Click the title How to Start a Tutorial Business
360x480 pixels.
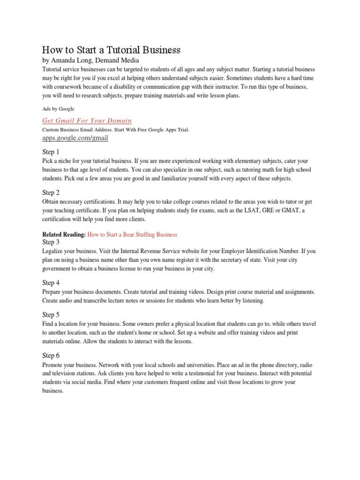[111, 50]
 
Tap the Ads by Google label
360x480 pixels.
[58, 108]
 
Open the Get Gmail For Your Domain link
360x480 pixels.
[87, 120]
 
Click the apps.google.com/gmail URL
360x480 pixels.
[75, 138]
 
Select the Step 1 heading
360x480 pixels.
[51, 152]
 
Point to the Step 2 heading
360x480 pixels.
[51, 193]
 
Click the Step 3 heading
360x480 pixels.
[51, 242]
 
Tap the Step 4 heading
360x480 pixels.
[51, 283]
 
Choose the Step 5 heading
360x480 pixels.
[51, 315]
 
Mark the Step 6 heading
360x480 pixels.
[51, 355]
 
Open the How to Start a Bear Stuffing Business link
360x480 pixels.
[132, 234]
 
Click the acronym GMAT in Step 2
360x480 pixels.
[291, 210]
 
